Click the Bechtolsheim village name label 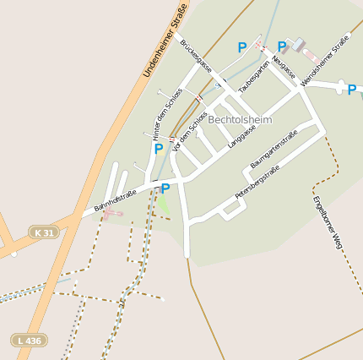240,120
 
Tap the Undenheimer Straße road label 164,40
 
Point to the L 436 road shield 29,340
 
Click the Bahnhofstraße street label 115,200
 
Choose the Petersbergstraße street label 257,183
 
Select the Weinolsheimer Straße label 325,59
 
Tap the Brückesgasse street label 197,55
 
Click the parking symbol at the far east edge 351,90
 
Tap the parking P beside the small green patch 165,188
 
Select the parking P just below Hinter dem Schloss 158,149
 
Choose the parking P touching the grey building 282,46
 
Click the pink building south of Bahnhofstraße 111,215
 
